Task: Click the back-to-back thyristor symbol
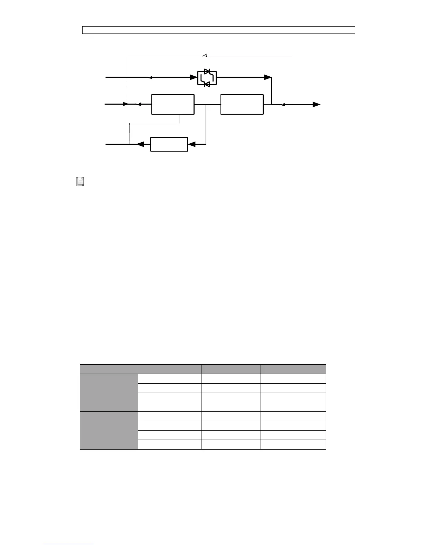pos(207,77)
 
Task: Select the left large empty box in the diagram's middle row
pos(173,104)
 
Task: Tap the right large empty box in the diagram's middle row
pos(242,104)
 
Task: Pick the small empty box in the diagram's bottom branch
pos(169,144)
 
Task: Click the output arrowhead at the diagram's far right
pos(316,104)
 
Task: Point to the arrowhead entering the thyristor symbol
pos(194,77)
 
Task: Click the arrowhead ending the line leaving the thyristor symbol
pos(267,77)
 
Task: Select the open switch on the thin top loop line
pos(205,55)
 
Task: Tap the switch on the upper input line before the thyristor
pos(149,77)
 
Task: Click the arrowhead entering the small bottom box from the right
pos(191,144)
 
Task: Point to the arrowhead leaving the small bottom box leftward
pos(140,144)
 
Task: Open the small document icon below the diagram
pos(80,181)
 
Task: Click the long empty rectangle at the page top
pos(218,30)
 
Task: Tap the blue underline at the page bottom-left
pos(68,544)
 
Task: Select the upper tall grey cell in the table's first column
pos(109,392)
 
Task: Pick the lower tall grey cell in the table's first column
pos(109,430)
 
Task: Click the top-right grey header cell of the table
pos(293,369)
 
